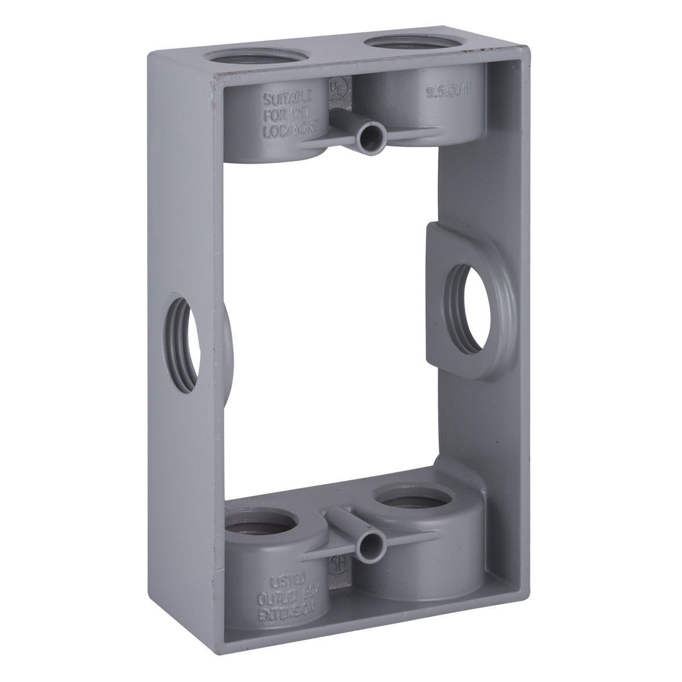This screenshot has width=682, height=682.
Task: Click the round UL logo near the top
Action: pyautogui.click(x=336, y=90)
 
